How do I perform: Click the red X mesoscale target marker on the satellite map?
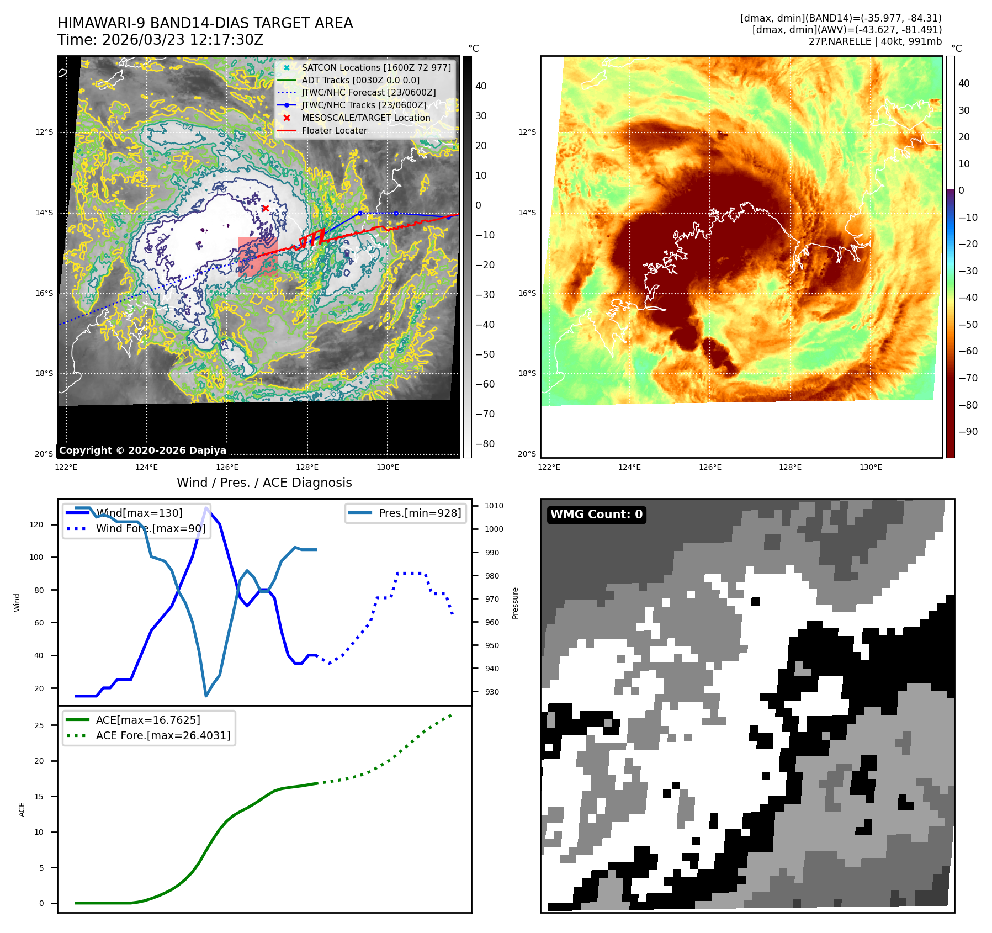tap(266, 208)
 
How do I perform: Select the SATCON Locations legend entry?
tap(376, 67)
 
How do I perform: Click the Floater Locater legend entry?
tap(334, 130)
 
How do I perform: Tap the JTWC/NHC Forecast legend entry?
tap(368, 92)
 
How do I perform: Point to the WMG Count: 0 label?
tap(596, 515)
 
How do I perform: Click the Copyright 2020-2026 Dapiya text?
tap(142, 450)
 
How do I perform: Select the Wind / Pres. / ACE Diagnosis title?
tap(264, 483)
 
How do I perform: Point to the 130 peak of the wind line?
tap(206, 508)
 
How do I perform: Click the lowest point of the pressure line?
tap(206, 696)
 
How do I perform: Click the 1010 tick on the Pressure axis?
tap(494, 506)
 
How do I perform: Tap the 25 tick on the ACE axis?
tap(39, 725)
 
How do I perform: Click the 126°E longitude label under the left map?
tap(227, 467)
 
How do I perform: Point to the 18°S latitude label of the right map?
tap(527, 373)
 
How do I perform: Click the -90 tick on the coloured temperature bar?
tap(968, 432)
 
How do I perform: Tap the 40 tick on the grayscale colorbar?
tap(481, 86)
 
